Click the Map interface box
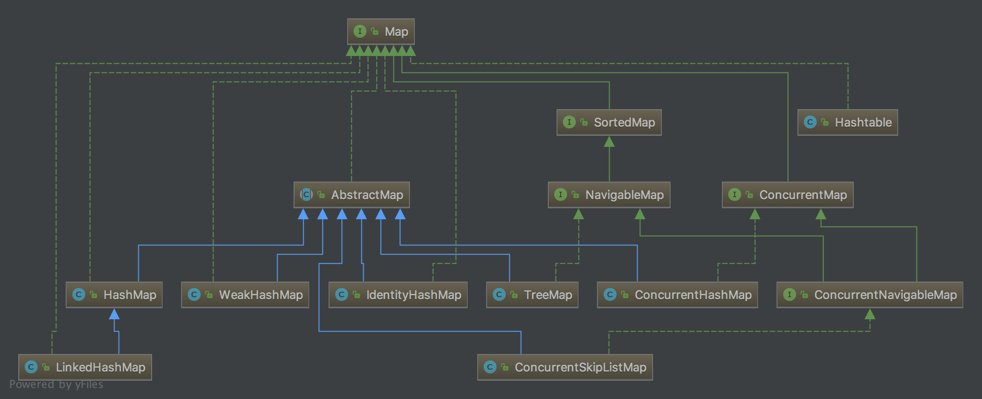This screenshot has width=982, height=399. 381,32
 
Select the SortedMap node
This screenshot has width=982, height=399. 609,122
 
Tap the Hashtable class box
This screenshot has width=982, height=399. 847,122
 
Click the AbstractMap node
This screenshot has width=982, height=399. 351,195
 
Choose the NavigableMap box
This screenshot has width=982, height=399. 609,195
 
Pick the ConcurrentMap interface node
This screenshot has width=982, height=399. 787,195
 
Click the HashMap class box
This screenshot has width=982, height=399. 114,295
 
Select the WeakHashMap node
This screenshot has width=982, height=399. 245,295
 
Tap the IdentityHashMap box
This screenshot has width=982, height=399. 398,295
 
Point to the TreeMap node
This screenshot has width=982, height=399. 532,295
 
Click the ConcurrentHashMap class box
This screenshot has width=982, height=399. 677,295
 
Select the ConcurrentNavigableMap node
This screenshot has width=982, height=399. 869,295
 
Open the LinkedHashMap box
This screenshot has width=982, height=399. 85,367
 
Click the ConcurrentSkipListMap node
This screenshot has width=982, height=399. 565,367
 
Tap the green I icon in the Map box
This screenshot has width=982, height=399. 360,31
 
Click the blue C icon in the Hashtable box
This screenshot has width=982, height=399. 810,122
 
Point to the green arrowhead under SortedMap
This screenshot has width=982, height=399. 609,142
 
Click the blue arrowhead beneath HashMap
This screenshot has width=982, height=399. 114,314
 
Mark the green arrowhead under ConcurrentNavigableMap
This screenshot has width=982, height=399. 870,314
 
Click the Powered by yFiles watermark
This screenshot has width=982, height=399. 56,384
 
